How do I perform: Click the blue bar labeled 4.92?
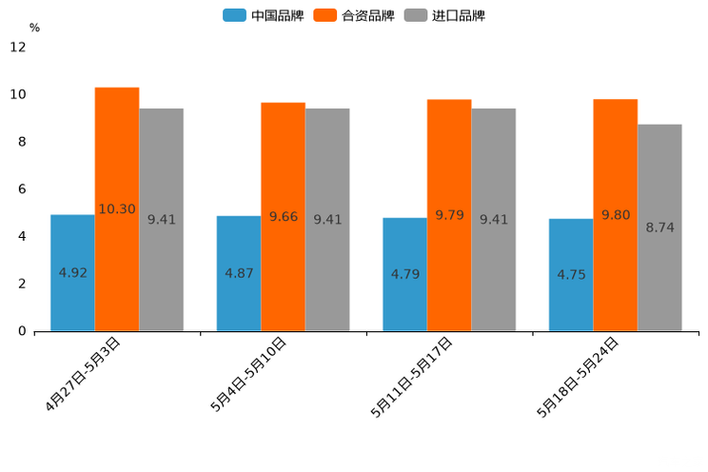pos(72,273)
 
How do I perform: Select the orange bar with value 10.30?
pos(117,209)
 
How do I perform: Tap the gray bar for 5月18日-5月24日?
pos(659,227)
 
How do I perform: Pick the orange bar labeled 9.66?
pos(283,217)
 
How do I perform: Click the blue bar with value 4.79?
pos(404,274)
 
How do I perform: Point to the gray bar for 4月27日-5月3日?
pos(161,220)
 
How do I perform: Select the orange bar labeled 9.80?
pos(615,215)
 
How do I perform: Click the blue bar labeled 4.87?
pos(239,273)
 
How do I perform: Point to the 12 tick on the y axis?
pos(18,47)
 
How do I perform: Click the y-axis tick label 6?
pos(22,189)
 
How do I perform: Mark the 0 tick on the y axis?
pos(22,331)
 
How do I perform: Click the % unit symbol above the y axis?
pos(34,28)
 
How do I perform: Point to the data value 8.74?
pos(659,227)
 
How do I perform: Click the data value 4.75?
pos(571,275)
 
